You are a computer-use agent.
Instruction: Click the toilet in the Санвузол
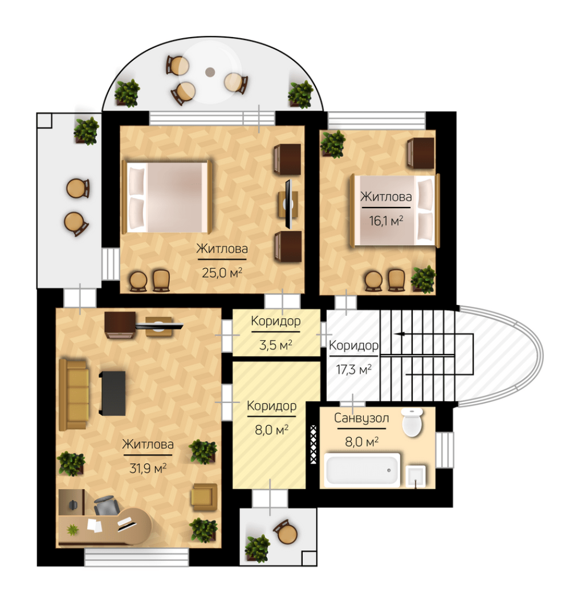(413, 422)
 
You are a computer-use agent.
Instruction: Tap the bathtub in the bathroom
(362, 470)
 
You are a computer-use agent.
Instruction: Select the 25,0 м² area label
(222, 273)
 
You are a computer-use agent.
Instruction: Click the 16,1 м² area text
(385, 221)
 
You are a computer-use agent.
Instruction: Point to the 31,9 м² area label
(148, 468)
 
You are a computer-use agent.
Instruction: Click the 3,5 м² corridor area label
(275, 345)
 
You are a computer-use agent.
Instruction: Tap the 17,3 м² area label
(353, 369)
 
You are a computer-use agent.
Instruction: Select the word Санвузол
(361, 418)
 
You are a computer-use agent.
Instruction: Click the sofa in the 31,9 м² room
(74, 395)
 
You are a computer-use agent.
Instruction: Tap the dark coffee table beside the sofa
(112, 393)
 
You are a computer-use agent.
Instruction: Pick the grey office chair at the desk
(106, 506)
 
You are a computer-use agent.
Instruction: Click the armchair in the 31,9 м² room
(204, 497)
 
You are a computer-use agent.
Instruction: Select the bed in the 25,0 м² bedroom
(167, 197)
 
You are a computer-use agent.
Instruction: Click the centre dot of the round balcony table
(210, 72)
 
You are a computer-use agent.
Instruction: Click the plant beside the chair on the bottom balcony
(258, 548)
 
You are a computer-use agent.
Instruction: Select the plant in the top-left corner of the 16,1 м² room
(333, 144)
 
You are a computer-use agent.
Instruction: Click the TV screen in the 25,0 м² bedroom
(288, 204)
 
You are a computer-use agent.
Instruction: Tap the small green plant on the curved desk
(72, 530)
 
